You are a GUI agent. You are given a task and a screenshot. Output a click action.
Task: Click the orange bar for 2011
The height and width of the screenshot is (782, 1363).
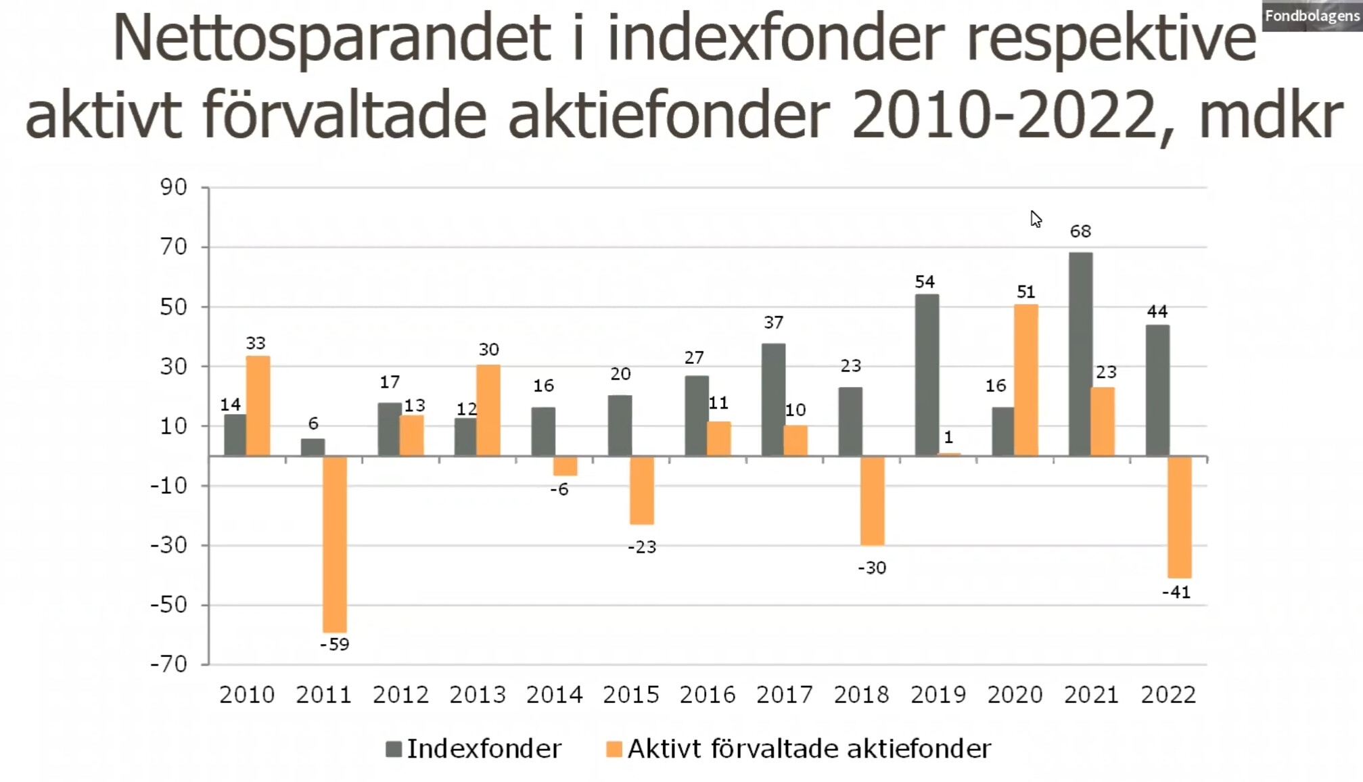click(335, 545)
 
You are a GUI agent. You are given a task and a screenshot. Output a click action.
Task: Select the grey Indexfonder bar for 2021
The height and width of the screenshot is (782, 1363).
click(1080, 354)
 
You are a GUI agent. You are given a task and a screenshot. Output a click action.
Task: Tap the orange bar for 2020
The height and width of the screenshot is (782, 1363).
click(1025, 380)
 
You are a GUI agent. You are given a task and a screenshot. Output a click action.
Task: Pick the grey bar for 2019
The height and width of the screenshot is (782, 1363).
click(927, 375)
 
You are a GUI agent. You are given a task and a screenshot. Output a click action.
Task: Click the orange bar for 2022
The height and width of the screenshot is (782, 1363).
click(1179, 517)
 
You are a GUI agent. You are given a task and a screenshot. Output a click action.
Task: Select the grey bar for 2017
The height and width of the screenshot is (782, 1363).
click(773, 400)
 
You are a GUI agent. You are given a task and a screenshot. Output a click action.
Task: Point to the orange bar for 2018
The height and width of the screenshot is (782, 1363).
click(872, 501)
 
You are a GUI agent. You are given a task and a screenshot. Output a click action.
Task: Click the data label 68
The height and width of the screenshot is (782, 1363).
click(1080, 231)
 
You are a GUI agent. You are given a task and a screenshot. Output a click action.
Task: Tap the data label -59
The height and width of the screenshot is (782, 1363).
click(335, 645)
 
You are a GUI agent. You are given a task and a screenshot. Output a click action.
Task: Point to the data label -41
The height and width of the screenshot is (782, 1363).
click(1176, 593)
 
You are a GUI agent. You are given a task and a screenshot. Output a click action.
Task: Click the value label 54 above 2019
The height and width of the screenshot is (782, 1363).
click(925, 282)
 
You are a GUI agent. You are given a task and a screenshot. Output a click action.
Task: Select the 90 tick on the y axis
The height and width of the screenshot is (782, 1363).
click(173, 187)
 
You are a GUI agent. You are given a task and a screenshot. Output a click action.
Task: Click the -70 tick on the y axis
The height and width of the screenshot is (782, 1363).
click(169, 664)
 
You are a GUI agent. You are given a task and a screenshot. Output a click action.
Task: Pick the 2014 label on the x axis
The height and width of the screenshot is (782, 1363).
click(554, 695)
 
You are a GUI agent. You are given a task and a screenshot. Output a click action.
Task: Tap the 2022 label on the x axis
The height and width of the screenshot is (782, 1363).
click(1168, 695)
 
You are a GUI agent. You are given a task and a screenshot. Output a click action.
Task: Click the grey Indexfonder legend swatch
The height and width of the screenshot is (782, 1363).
click(394, 749)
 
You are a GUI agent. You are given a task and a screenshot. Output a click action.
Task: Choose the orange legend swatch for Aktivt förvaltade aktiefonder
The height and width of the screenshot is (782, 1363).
click(614, 749)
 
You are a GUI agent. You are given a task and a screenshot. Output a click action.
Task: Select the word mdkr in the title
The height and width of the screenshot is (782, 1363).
click(1270, 115)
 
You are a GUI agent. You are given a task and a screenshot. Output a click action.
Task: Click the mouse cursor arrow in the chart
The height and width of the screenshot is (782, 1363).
click(1035, 218)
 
